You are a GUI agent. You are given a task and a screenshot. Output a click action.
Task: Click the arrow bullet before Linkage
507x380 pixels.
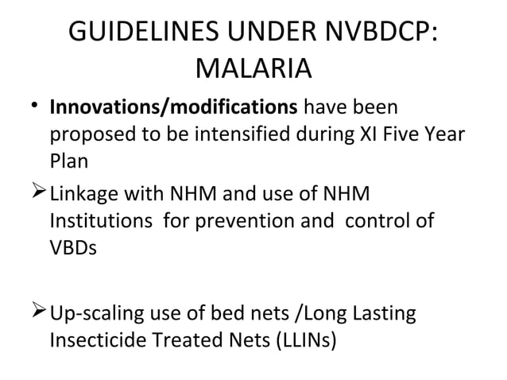pyautogui.click(x=37, y=193)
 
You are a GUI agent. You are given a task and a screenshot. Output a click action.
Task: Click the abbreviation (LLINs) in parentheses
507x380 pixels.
pyautogui.click(x=299, y=340)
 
